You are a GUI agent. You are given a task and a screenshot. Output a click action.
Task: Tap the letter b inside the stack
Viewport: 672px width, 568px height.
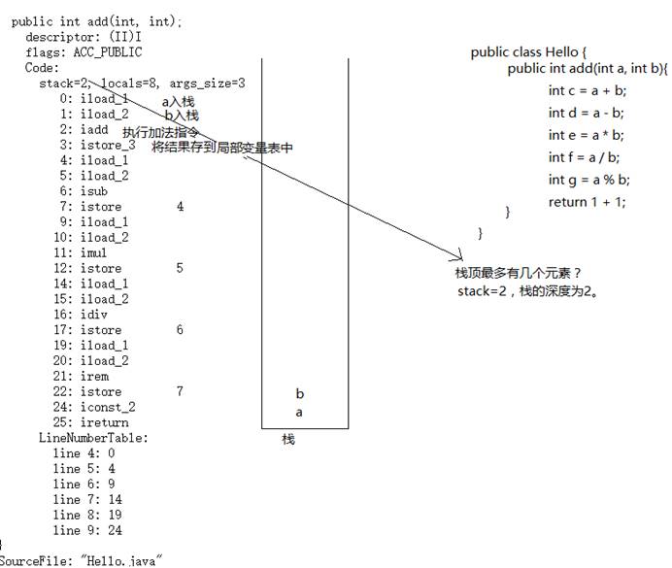(x=300, y=394)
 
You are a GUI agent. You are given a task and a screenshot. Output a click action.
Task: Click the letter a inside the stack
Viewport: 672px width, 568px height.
(x=299, y=413)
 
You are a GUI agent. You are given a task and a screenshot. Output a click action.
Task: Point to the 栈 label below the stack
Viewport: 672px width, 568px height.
(x=288, y=440)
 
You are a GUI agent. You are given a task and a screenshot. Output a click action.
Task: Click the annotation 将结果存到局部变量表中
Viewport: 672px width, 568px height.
(x=221, y=148)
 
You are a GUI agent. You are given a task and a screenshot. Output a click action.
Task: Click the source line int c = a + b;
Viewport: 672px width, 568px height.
(x=588, y=90)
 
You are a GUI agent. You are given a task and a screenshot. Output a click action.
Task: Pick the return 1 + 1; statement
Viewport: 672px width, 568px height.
(x=587, y=202)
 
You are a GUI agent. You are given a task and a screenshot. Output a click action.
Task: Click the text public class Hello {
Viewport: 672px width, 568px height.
(x=529, y=52)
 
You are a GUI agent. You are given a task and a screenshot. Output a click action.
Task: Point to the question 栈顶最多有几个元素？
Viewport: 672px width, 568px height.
(x=517, y=274)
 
